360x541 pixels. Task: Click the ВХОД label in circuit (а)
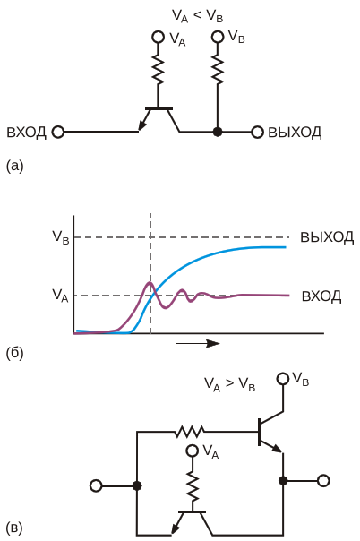26,133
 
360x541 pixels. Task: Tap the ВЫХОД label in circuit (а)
295,133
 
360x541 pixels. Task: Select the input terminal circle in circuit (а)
58,132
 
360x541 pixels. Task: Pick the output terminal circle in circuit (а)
257,132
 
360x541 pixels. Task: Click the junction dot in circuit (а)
218,132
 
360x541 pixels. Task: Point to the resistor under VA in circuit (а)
159,71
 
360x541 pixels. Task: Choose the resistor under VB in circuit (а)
218,71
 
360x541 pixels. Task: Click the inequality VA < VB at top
198,16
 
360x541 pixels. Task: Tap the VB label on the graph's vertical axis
61,237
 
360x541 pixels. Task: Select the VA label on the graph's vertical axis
60,296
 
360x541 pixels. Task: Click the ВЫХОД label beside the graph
327,237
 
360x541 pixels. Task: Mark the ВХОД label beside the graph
321,296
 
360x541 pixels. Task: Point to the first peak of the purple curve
150,283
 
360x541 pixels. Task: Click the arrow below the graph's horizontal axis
198,343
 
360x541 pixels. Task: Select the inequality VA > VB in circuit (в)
229,384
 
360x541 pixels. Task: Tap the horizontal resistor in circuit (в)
189,432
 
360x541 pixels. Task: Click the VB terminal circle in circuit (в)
283,379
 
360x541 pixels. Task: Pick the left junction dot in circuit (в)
137,485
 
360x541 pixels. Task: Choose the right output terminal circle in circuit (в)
323,481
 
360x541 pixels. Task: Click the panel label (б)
15,353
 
